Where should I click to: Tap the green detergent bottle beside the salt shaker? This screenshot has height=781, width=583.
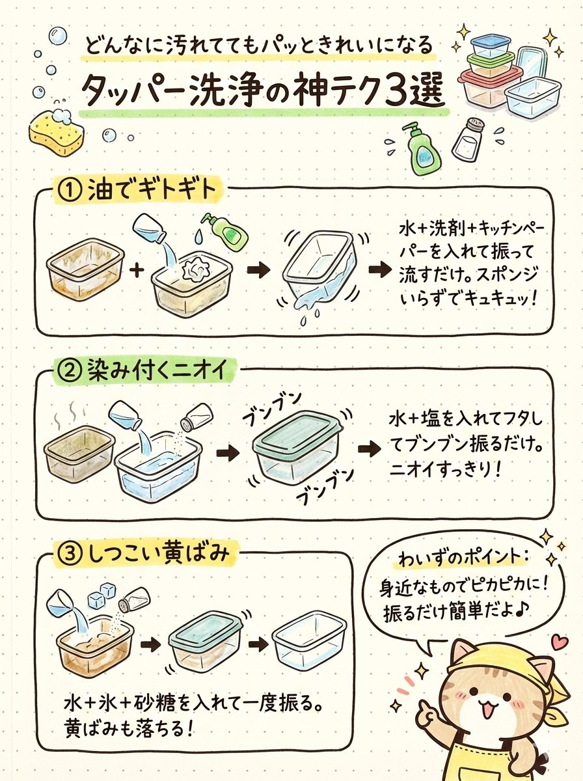click(421, 149)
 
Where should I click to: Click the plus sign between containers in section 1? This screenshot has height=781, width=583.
click(137, 269)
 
